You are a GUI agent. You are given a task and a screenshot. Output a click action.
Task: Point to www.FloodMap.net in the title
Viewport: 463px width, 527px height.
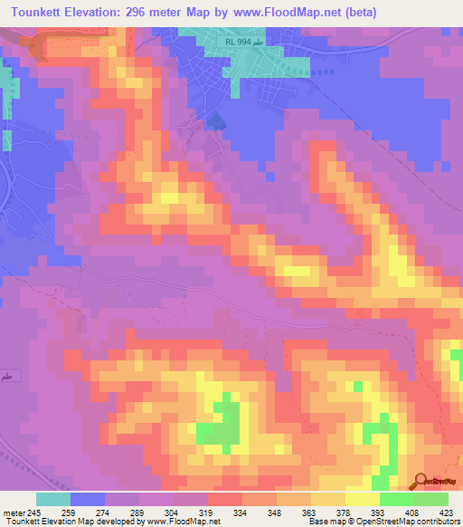coord(280,12)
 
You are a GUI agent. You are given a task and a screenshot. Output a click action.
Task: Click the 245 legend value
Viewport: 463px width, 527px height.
coord(34,512)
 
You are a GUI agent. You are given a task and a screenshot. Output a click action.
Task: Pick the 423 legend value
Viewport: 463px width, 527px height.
coord(446,512)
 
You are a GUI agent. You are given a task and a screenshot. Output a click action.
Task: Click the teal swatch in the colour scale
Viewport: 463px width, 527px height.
coord(53,499)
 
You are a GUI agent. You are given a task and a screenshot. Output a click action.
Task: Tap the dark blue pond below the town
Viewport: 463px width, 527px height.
coord(215,121)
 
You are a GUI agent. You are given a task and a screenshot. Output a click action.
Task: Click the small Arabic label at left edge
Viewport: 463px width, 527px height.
coord(7,376)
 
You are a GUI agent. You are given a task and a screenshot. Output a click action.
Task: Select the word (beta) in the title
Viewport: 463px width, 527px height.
coord(357,12)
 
